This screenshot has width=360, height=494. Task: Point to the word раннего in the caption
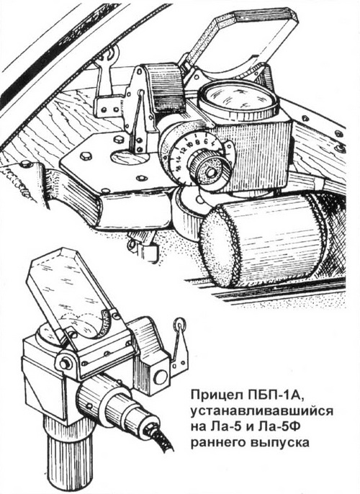click(x=218, y=443)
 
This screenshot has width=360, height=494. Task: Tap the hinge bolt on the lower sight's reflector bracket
click(x=65, y=364)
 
